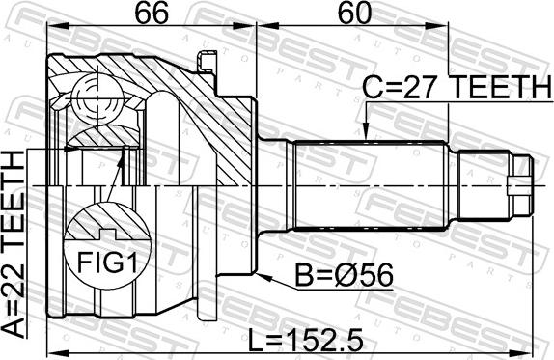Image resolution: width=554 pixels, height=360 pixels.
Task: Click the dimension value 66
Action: click(x=152, y=14)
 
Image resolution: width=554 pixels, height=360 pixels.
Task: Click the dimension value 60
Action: click(x=354, y=14)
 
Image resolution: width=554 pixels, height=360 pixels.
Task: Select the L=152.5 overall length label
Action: click(x=306, y=340)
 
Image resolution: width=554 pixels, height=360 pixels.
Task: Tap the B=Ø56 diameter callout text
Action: click(x=344, y=275)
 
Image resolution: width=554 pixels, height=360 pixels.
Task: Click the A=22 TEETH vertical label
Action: click(x=14, y=244)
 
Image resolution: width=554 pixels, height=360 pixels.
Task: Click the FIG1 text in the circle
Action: click(x=107, y=263)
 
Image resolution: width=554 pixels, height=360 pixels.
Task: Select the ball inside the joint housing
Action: click(x=97, y=99)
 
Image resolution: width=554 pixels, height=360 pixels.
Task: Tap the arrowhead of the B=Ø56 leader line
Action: click(x=264, y=277)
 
